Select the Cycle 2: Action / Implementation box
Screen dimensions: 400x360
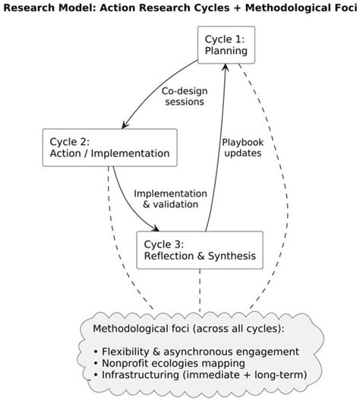[x=109, y=148]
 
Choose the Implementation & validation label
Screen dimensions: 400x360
[x=170, y=198]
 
